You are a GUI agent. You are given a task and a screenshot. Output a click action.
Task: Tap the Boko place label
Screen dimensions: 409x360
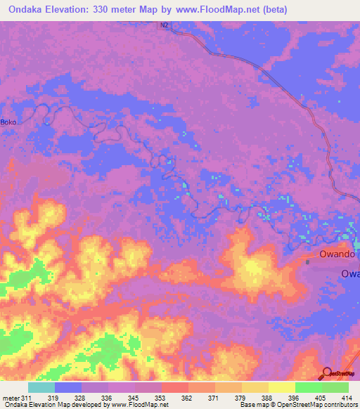click(x=9, y=122)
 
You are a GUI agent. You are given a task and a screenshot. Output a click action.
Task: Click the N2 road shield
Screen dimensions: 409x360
click(x=164, y=25)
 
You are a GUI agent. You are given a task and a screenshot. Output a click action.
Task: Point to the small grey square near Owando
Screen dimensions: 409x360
click(x=308, y=261)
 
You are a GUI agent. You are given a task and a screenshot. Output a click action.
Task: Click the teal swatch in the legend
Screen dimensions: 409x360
click(x=41, y=387)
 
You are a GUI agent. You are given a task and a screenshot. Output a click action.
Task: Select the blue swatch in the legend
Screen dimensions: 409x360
click(x=68, y=387)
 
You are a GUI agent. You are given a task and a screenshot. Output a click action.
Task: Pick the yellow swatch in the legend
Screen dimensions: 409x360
click(x=282, y=387)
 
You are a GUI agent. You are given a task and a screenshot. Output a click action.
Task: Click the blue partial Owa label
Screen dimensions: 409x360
click(x=350, y=273)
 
